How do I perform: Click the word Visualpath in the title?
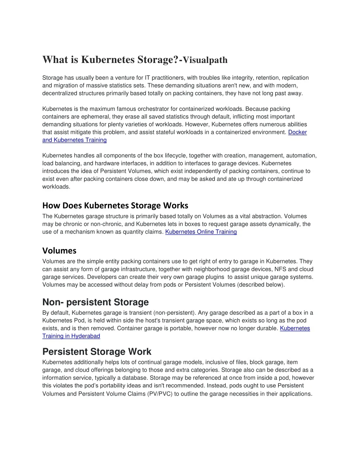coord(205,60)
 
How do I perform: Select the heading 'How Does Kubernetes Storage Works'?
coord(115,205)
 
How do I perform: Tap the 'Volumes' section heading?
coord(59,251)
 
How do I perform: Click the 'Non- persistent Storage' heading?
coord(95,302)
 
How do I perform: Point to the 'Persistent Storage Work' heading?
coord(97,352)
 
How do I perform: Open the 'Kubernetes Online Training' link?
coord(201,232)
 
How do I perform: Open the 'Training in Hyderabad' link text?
coord(71,336)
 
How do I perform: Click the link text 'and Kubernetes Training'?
coord(75,140)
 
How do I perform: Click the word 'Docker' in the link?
coord(297,132)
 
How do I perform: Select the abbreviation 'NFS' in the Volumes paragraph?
coord(281,269)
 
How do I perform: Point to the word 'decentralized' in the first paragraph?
coord(59,93)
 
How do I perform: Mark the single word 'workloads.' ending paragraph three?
coord(56,187)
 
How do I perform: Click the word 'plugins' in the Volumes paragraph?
coord(214,277)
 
